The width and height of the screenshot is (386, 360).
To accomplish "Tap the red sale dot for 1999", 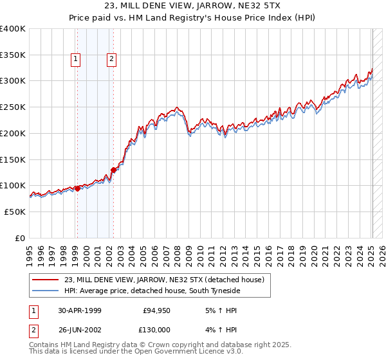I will [x=77, y=188].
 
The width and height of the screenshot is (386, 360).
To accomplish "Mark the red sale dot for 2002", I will [x=113, y=170].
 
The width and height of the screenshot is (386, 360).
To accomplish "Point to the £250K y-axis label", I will [x=12, y=107].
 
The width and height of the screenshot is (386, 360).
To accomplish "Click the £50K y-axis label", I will [x=15, y=212].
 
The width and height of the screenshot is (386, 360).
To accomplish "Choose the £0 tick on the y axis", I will [x=19, y=238].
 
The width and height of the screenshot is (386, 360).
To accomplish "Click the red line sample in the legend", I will [x=46, y=280].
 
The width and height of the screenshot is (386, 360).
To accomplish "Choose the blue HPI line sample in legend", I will [x=46, y=291].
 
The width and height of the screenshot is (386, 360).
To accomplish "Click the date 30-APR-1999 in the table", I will [x=79, y=310].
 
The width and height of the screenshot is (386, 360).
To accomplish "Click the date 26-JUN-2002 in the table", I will [x=79, y=330].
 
